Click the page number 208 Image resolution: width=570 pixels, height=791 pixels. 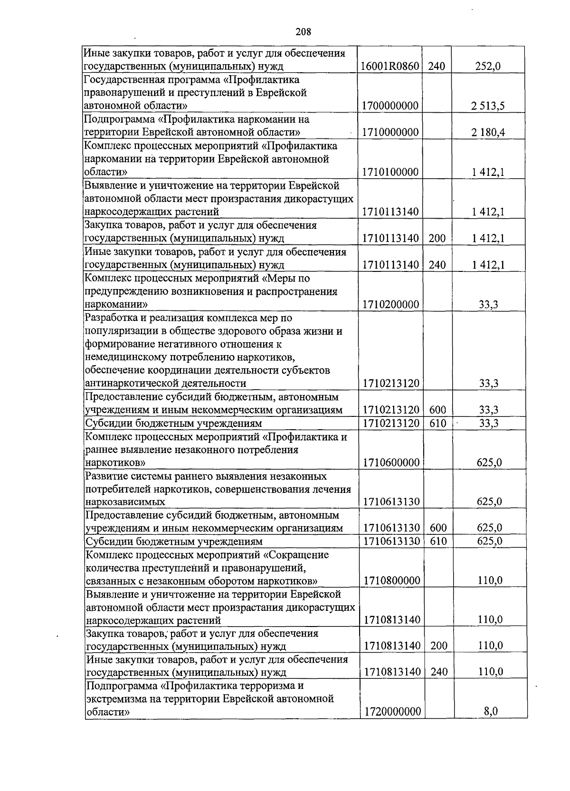tap(303, 32)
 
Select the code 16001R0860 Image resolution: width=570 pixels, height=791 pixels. tap(389, 67)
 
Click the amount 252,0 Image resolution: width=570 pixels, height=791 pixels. tap(488, 67)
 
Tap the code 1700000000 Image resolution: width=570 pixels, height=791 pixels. tap(389, 106)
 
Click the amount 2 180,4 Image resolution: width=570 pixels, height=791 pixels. tap(488, 133)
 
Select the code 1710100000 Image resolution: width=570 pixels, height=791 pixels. tap(390, 172)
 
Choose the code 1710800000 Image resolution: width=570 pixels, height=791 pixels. tap(392, 580)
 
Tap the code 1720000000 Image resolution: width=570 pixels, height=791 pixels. tap(392, 712)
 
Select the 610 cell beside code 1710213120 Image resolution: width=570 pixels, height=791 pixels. tap(437, 423)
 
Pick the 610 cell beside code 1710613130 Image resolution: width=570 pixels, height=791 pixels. tap(438, 541)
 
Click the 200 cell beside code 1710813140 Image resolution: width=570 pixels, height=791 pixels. tap(438, 646)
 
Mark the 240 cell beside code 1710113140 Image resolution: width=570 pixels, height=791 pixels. tap(437, 265)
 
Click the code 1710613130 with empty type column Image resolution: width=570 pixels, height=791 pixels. tap(391, 502)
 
